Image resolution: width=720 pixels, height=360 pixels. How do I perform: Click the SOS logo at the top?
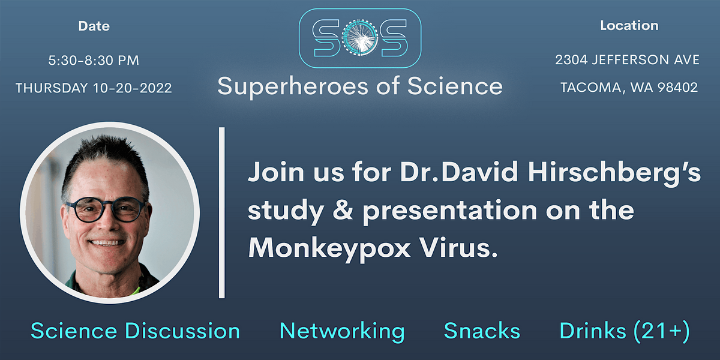click(x=359, y=38)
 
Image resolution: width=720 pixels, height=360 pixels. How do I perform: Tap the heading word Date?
click(x=94, y=26)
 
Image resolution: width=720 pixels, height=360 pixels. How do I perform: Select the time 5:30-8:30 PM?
click(x=94, y=61)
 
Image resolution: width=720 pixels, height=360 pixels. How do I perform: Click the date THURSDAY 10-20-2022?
click(x=94, y=88)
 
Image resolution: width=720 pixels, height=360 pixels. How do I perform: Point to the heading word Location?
click(x=629, y=26)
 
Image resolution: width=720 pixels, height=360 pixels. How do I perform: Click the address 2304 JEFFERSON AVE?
click(x=628, y=60)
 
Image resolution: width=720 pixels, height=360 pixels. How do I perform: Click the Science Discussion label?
click(x=135, y=331)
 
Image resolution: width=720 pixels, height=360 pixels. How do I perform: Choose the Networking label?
click(x=342, y=331)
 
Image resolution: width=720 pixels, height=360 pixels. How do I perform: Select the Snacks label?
click(x=482, y=331)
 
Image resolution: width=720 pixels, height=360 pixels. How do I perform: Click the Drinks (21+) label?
click(x=625, y=331)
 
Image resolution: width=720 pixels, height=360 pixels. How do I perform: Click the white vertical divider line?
click(x=222, y=212)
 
